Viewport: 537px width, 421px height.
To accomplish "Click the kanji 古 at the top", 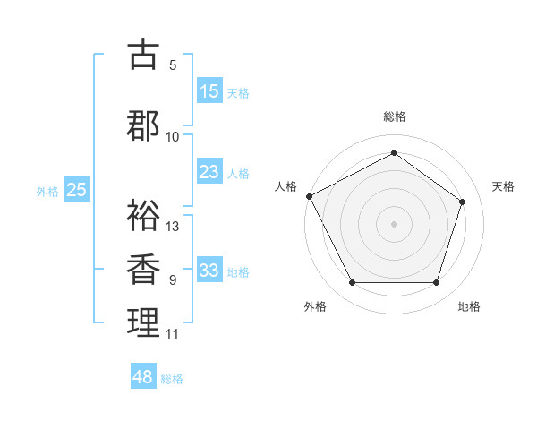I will click(x=143, y=55).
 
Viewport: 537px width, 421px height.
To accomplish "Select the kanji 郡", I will click(x=143, y=125).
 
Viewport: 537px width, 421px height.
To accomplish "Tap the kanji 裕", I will click(x=143, y=215).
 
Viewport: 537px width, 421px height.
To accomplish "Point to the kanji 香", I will click(x=143, y=269).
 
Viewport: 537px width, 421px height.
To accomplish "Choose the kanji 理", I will click(x=143, y=322).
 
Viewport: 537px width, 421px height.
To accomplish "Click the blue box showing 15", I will click(x=209, y=91).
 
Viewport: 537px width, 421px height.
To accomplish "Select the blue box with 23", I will click(x=209, y=173).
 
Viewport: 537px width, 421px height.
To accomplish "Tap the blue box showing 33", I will click(x=209, y=271).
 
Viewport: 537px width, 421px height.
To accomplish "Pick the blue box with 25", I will click(x=77, y=190).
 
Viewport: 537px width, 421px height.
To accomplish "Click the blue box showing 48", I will click(x=143, y=377).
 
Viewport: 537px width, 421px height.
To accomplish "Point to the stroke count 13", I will click(x=173, y=226).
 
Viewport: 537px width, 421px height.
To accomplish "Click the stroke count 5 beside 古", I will click(x=173, y=64).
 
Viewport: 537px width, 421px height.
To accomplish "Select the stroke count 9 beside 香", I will click(x=173, y=280).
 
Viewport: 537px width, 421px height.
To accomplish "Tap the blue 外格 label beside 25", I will click(x=47, y=191).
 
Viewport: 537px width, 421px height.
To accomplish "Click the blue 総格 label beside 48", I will click(x=172, y=379).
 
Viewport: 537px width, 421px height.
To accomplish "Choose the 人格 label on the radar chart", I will click(x=286, y=186).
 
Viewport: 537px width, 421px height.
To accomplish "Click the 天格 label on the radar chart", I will click(x=503, y=186).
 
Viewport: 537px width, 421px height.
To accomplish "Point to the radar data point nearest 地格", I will click(x=436, y=283).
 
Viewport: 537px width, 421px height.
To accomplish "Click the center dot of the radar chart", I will click(x=394, y=223).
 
